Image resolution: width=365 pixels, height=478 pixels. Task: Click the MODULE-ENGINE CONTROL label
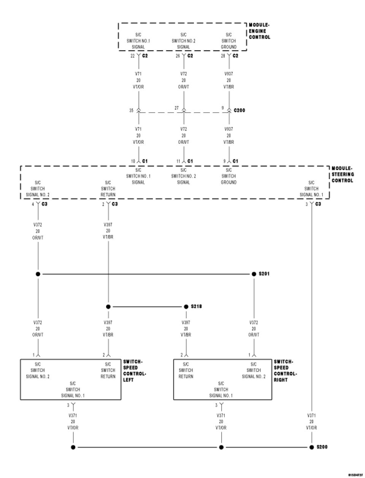(x=259, y=31)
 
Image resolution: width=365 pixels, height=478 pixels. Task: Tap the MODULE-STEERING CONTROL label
(x=343, y=174)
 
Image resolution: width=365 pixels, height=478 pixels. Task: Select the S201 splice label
(x=264, y=274)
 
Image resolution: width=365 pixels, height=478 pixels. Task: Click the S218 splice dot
(x=186, y=306)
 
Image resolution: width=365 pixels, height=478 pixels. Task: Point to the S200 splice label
(x=322, y=447)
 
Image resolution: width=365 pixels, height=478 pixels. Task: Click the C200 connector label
(x=240, y=110)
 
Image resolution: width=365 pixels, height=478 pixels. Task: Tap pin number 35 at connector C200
(x=131, y=110)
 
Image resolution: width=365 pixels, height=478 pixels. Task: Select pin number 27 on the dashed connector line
(x=176, y=108)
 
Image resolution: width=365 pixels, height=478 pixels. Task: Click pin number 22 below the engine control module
(x=132, y=56)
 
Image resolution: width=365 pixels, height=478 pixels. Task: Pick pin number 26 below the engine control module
(x=178, y=56)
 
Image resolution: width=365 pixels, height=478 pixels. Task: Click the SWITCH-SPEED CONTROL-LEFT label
(x=135, y=371)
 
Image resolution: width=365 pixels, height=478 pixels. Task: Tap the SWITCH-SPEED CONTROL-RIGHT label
(x=285, y=371)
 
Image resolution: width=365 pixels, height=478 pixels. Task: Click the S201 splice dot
(x=254, y=274)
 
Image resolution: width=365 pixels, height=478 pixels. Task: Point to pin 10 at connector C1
(x=133, y=161)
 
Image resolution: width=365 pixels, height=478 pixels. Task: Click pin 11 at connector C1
(x=178, y=161)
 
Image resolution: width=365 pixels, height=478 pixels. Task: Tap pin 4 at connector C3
(x=33, y=204)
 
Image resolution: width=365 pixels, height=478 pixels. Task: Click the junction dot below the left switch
(x=73, y=447)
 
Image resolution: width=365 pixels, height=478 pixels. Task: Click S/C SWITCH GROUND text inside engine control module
(x=229, y=41)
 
